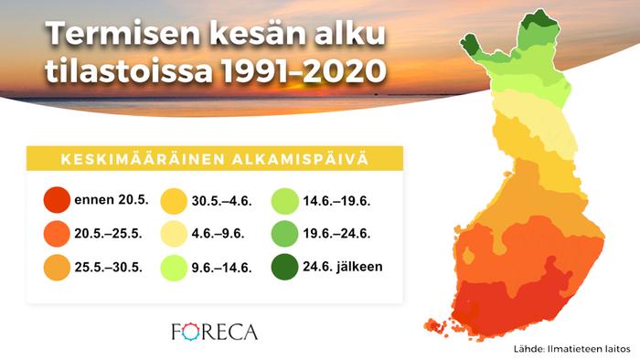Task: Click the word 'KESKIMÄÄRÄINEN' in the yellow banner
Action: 134,160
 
